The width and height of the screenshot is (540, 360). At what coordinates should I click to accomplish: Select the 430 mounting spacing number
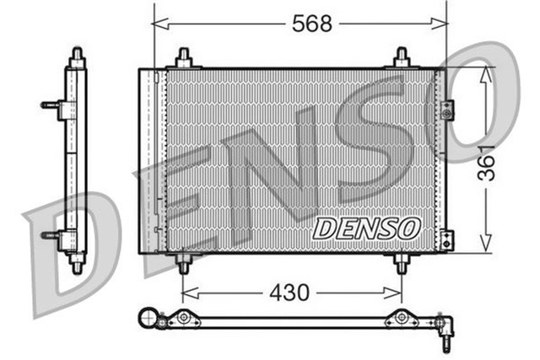pyautogui.click(x=290, y=293)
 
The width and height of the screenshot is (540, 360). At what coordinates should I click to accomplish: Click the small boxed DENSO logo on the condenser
pyautogui.click(x=366, y=228)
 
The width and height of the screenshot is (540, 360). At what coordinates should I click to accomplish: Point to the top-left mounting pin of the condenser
pyautogui.click(x=183, y=58)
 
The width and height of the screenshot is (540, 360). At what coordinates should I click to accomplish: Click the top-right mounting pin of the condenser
pyautogui.click(x=402, y=58)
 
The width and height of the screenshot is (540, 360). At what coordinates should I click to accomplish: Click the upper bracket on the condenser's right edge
pyautogui.click(x=447, y=110)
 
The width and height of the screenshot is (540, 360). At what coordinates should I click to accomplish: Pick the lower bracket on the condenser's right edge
pyautogui.click(x=447, y=239)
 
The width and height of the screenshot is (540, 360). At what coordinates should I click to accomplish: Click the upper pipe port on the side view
pyautogui.click(x=51, y=105)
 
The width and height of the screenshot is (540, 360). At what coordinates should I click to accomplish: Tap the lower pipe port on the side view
pyautogui.click(x=51, y=235)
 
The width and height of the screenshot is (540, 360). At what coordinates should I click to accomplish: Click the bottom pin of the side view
pyautogui.click(x=77, y=266)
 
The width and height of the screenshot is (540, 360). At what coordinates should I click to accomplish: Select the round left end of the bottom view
pyautogui.click(x=147, y=319)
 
